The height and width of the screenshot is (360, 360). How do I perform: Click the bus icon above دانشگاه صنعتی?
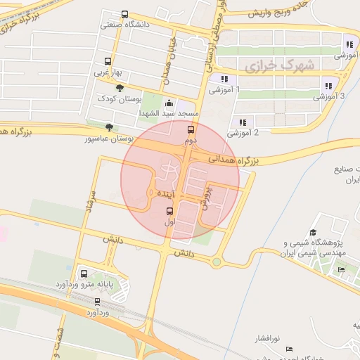coord(125,14)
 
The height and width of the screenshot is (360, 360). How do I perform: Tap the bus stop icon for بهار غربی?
coord(108,61)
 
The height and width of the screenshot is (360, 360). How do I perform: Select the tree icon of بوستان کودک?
coord(120,88)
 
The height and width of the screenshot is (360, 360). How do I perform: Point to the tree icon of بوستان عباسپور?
coord(108,127)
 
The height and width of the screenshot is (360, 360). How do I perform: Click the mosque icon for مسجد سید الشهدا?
coord(167,103)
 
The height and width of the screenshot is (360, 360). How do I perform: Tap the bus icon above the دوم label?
coord(190,129)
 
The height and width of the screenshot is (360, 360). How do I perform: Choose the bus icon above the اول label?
coord(169,210)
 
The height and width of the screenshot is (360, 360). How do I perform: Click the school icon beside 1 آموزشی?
coord(224,79)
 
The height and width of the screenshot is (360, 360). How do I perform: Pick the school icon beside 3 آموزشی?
coord(328,86)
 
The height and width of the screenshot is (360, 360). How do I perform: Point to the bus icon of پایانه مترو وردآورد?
coord(84,273)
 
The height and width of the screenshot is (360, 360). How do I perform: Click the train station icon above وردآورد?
coord(97,301)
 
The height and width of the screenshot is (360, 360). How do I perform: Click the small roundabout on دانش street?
coord(217,262)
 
